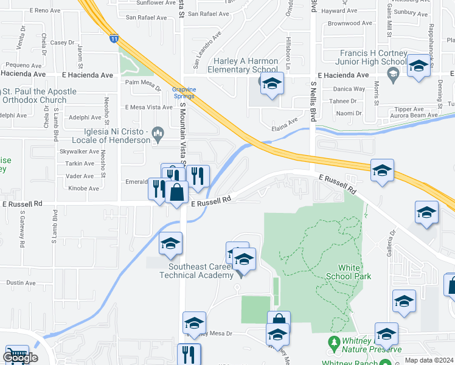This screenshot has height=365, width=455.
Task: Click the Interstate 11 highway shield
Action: [114, 39]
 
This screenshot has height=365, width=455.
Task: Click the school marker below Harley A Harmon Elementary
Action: [272, 85]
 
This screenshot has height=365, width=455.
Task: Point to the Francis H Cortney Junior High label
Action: [373, 57]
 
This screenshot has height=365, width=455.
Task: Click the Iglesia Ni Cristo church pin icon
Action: [158, 131]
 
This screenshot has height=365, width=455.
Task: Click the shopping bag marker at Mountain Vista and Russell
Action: [176, 194]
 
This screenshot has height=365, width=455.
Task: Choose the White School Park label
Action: [355, 271]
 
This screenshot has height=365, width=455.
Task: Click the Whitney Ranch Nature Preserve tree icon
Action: [333, 342]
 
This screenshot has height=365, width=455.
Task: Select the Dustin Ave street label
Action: [21, 283]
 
